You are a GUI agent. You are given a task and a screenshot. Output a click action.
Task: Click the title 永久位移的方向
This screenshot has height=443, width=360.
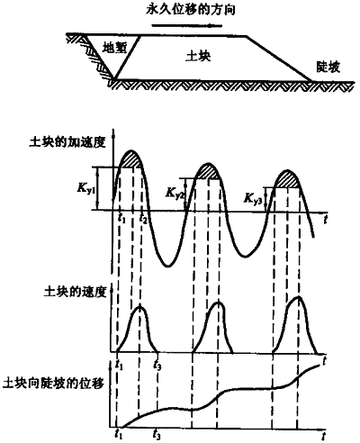[190, 10]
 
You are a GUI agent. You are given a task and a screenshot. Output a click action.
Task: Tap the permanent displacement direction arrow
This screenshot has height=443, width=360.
[187, 25]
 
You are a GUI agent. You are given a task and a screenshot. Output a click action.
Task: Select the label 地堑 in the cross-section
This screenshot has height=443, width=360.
[114, 48]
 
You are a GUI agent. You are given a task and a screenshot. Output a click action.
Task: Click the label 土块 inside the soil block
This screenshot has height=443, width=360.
[198, 56]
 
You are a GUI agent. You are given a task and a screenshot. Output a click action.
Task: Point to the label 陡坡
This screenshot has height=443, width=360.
[328, 68]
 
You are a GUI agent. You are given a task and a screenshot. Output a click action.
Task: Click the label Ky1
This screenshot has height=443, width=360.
[85, 189]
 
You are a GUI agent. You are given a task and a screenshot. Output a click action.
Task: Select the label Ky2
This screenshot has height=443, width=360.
[175, 193]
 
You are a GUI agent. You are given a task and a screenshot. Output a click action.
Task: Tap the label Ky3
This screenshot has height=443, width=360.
[254, 198]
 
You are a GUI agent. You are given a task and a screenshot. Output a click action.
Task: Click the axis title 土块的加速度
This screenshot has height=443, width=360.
[67, 142]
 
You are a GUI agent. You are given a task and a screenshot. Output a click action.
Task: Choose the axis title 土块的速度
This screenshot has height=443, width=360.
[76, 292]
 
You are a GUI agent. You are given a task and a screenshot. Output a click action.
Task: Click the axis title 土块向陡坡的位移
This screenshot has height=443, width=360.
[53, 384]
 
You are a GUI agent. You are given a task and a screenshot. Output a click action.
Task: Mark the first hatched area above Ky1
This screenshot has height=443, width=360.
[130, 159]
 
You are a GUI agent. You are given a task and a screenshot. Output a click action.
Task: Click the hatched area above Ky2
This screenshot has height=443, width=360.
[208, 171]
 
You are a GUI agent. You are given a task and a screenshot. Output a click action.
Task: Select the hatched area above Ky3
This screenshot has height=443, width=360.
[287, 179]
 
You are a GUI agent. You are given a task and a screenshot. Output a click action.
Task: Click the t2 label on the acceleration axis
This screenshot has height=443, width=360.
[143, 219]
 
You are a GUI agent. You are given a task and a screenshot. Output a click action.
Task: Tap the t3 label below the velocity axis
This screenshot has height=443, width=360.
[157, 365]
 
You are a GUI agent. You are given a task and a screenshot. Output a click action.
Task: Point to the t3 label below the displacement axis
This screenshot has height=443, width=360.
[157, 434]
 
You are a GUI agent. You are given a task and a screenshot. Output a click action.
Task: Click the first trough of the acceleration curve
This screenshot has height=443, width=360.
[168, 266]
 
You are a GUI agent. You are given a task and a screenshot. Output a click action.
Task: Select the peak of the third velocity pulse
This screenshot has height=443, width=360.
[298, 297]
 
